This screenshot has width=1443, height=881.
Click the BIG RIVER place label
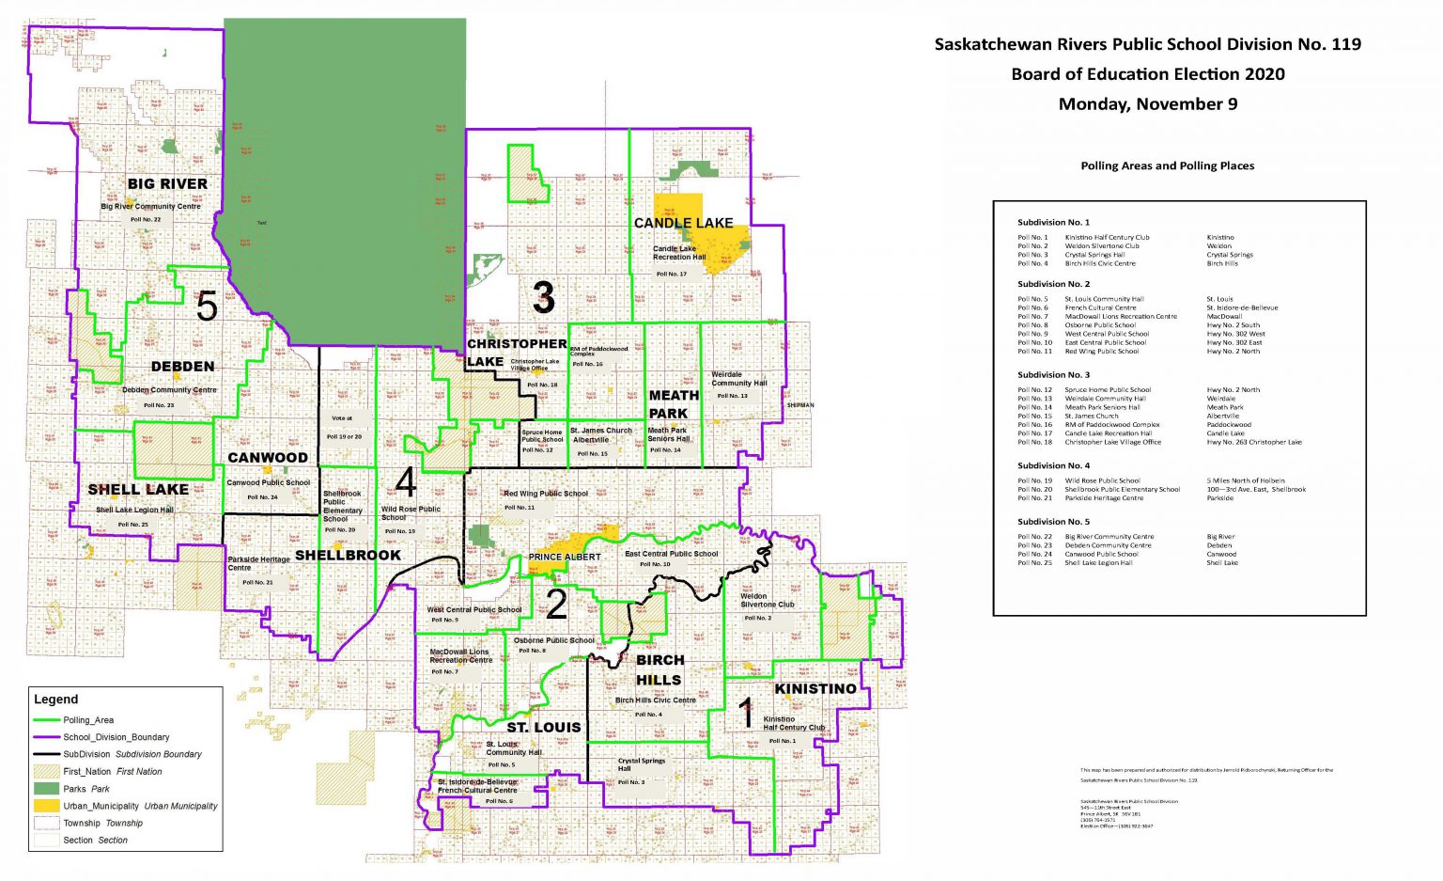[167, 184]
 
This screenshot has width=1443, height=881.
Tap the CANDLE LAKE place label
[683, 223]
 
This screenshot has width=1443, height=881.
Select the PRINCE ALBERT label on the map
[564, 557]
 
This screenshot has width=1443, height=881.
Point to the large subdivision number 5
[207, 307]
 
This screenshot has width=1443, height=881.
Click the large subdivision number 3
[543, 298]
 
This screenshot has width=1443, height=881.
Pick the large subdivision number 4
[405, 481]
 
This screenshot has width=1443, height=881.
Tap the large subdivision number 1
[746, 714]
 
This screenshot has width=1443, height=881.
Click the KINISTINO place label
[815, 689]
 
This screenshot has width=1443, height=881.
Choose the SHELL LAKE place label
[138, 490]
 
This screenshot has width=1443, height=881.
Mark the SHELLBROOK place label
[348, 556]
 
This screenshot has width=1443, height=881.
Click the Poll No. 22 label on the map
[146, 219]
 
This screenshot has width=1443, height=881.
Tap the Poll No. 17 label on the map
[671, 274]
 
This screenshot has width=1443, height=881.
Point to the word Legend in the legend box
[56, 700]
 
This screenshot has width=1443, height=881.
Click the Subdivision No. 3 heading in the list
[1053, 374]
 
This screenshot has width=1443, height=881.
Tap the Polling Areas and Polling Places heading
[1167, 165]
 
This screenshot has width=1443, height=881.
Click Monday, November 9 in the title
[1147, 104]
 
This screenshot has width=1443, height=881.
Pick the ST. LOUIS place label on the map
[544, 728]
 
